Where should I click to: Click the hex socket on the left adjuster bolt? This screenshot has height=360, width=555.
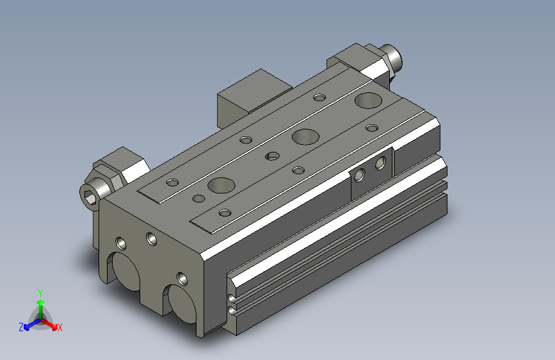pyautogui.click(x=91, y=195)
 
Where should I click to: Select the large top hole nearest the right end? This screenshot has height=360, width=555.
pyautogui.click(x=367, y=99)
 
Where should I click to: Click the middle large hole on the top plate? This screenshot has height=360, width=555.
pyautogui.click(x=305, y=136)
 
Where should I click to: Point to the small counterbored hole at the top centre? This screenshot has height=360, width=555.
pyautogui.click(x=272, y=155)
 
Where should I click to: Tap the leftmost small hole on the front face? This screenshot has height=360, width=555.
pyautogui.click(x=120, y=243)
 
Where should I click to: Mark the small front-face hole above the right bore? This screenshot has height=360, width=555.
pyautogui.click(x=183, y=279)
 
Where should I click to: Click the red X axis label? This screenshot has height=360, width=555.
pyautogui.click(x=60, y=327)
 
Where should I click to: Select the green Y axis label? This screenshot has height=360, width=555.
pyautogui.click(x=40, y=292)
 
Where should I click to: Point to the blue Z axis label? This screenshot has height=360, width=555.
pyautogui.click(x=21, y=327)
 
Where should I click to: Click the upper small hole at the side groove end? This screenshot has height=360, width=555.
pyautogui.click(x=231, y=298)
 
